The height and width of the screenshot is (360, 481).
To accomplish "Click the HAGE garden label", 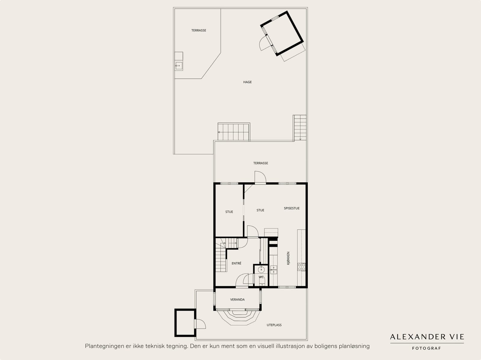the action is click(247, 82).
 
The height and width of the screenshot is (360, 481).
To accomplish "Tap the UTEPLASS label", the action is click(274, 325).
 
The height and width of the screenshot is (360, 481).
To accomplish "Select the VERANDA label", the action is click(237, 300).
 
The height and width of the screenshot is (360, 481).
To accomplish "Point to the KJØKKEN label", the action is click(288, 258).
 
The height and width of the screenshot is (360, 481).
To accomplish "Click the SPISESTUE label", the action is click(292, 208).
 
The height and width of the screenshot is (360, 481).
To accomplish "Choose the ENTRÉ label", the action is click(237, 263).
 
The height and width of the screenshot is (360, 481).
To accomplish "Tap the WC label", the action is click(261, 277).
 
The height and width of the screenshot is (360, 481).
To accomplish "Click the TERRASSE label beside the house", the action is click(261, 163).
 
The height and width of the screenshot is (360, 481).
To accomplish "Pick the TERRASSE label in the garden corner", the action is click(198, 30).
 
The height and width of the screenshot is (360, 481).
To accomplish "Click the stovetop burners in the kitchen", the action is click(301, 267).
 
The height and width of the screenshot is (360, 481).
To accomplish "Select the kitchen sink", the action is click(274, 270).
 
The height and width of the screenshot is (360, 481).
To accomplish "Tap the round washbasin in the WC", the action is click(261, 270).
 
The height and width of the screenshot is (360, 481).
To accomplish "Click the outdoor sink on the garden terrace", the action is click(179, 66).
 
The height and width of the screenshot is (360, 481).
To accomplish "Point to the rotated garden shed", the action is click(282, 33).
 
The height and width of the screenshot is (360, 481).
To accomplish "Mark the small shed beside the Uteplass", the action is click(185, 322).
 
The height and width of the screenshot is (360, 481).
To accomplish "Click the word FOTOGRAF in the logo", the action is click(426, 348).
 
